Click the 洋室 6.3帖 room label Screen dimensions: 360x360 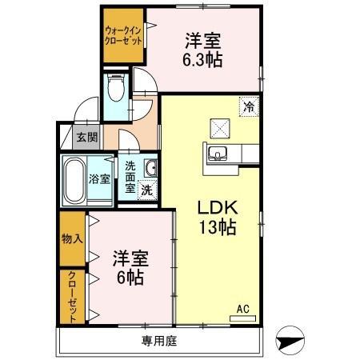tap(203, 49)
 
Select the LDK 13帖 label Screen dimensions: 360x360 tap(217, 216)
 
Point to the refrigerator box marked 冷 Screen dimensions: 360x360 tap(249, 104)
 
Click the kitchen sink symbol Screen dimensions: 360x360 tap(218, 154)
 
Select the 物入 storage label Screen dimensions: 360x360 tap(71, 239)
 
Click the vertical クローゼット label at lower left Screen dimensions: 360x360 tap(71, 295)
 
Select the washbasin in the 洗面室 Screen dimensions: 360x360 tap(150, 167)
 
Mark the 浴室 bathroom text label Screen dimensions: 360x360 tap(100, 179)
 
